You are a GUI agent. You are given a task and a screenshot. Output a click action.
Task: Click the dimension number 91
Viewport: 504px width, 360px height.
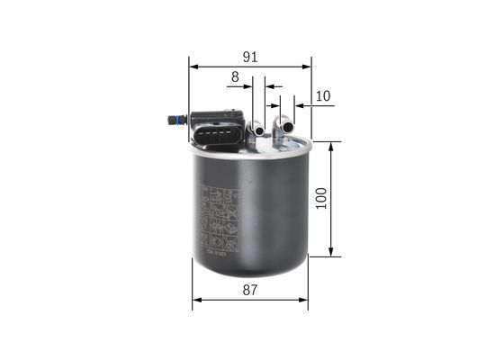pos(250,56)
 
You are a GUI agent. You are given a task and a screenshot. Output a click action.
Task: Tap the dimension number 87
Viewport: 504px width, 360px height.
pos(250,291)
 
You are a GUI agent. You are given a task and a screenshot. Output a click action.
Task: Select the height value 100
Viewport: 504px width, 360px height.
pos(321,198)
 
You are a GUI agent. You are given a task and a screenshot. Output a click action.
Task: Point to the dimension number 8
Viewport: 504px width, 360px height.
pos(235,78)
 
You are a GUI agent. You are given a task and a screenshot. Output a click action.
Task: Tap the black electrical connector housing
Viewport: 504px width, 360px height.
pos(217,130)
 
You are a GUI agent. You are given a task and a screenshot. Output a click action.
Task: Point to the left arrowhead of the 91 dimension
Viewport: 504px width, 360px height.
pos(193,67)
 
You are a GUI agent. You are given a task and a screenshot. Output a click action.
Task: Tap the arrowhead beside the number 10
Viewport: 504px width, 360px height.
pos(301,105)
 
